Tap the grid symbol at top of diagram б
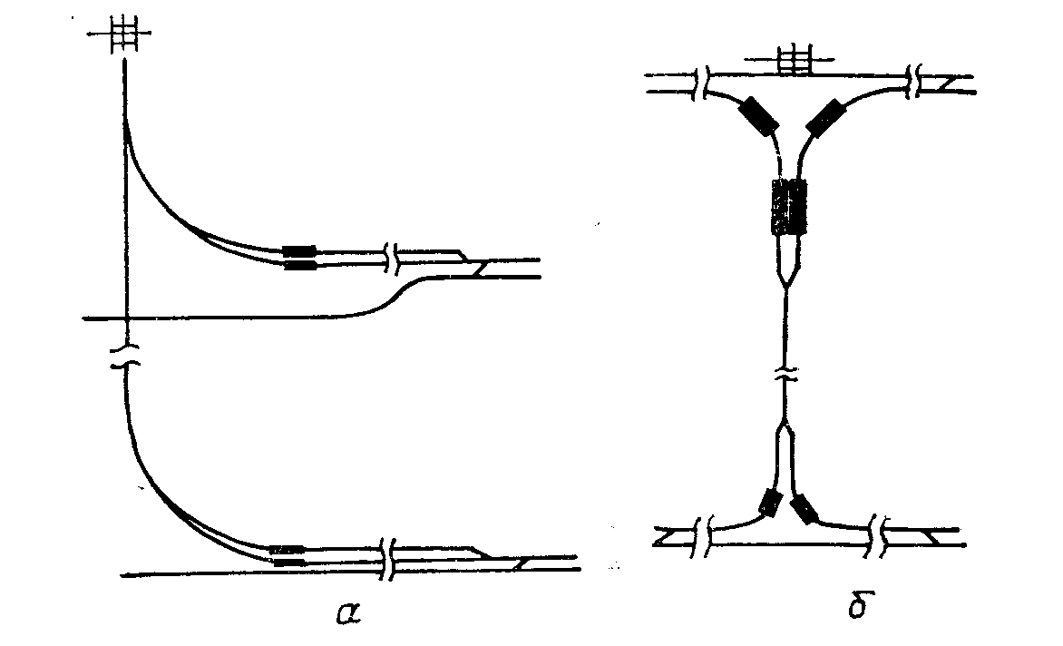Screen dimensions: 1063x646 795,61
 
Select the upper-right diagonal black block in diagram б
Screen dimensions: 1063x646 824,118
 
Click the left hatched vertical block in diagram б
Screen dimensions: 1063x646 779,208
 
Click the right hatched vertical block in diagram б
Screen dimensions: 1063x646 798,208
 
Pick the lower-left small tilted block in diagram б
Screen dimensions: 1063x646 770,502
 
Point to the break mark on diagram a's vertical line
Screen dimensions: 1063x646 126,356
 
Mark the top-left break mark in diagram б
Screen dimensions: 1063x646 703,82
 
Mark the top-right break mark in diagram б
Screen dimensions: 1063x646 914,82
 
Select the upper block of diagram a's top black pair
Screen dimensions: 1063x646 299,250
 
